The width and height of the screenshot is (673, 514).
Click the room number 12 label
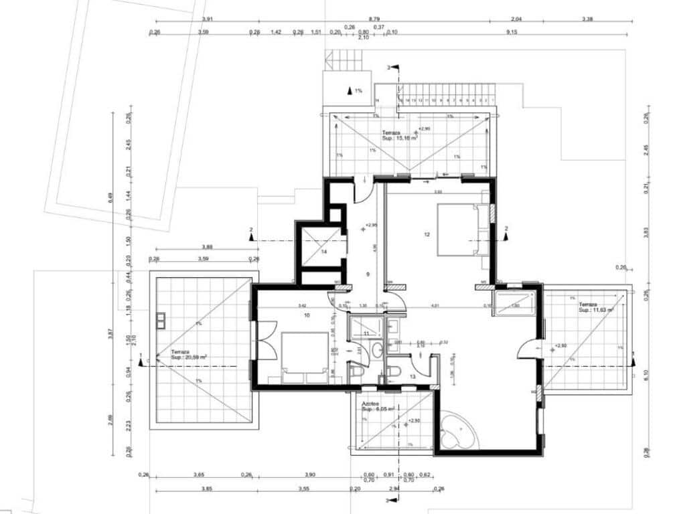coord(426,234)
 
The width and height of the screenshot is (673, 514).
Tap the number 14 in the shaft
coord(323,252)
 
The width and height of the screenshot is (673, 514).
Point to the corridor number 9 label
coord(367,274)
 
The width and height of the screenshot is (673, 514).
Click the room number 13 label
coord(413,377)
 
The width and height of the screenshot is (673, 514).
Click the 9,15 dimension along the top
coord(512,32)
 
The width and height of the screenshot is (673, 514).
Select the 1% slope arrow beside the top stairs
coord(350,90)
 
